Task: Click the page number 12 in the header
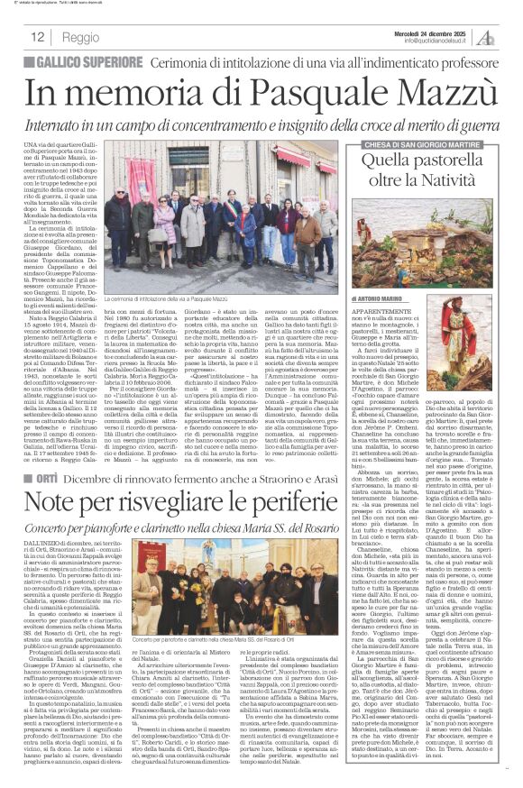38,37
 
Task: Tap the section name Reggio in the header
81,38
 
